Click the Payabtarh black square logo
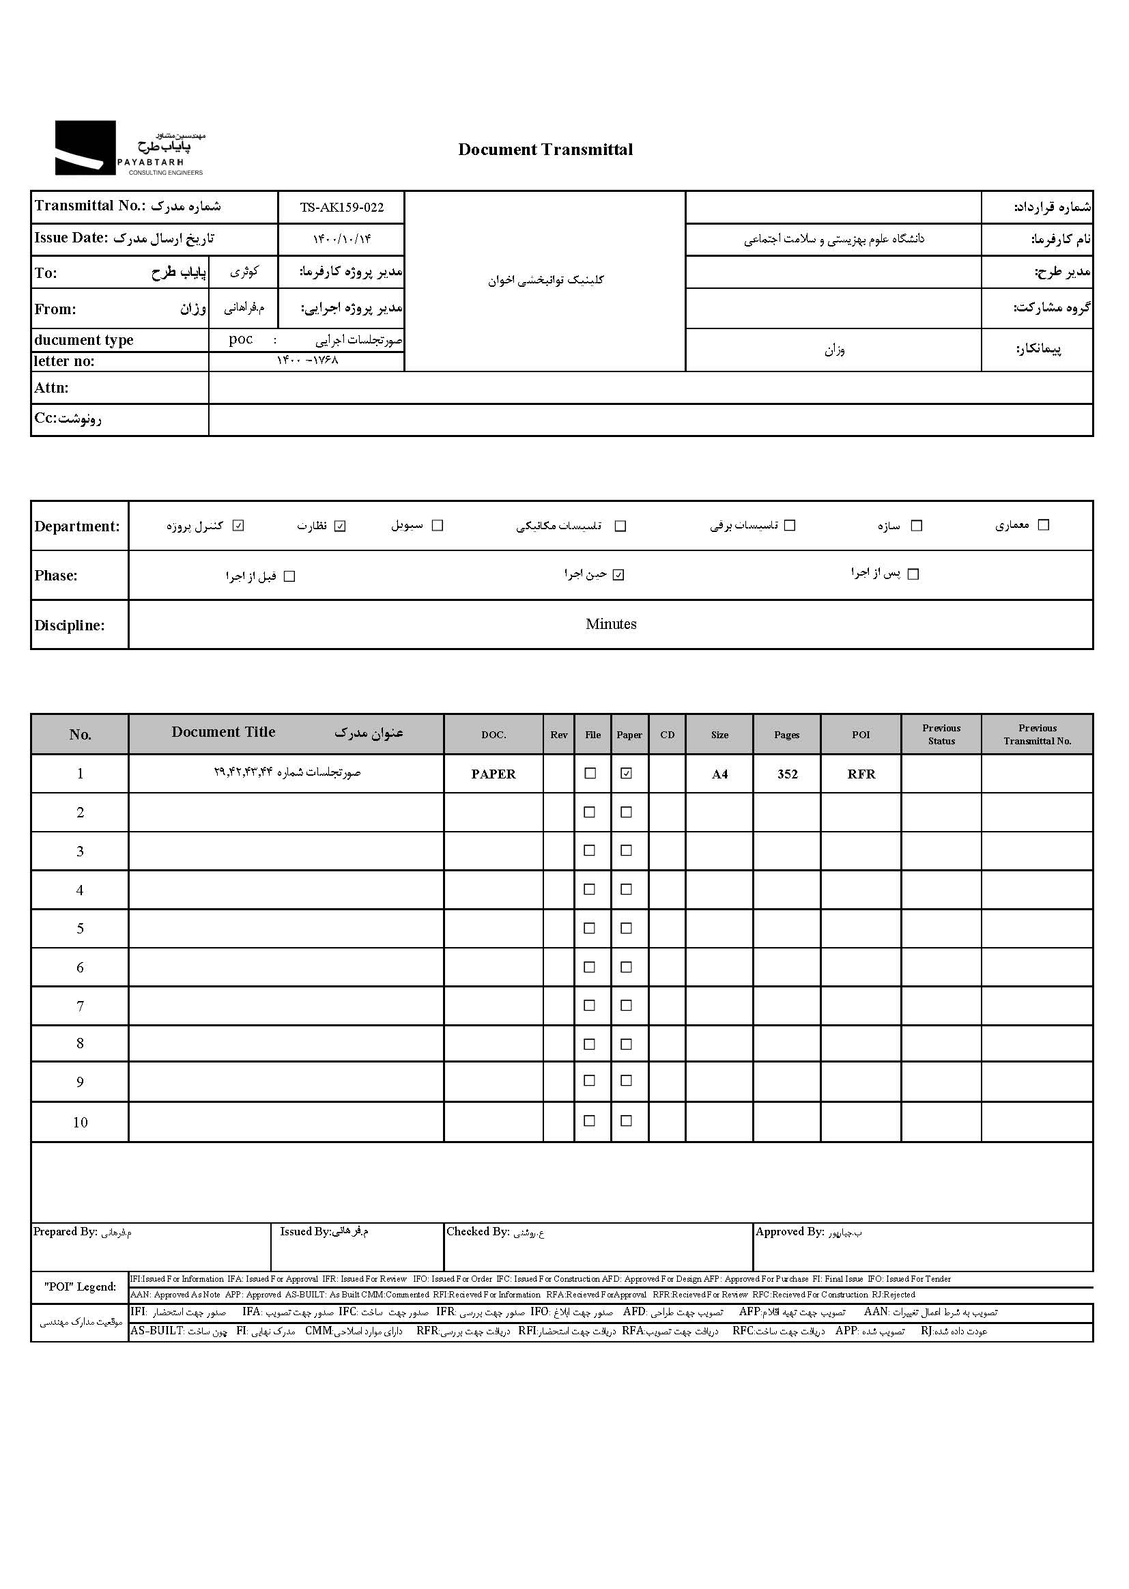point(85,147)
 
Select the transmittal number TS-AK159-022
point(341,207)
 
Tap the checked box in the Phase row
point(618,575)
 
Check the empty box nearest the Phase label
point(290,576)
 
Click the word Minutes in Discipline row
point(610,623)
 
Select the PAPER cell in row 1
point(493,774)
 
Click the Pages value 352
point(787,774)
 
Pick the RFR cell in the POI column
point(861,774)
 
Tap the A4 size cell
point(719,774)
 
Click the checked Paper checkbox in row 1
point(627,773)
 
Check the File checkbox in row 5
point(590,928)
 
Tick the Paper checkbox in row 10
point(627,1121)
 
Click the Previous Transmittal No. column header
point(1037,734)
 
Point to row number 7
point(80,1006)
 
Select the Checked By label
point(478,1232)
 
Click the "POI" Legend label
point(80,1286)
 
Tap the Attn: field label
point(51,388)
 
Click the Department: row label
point(77,526)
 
